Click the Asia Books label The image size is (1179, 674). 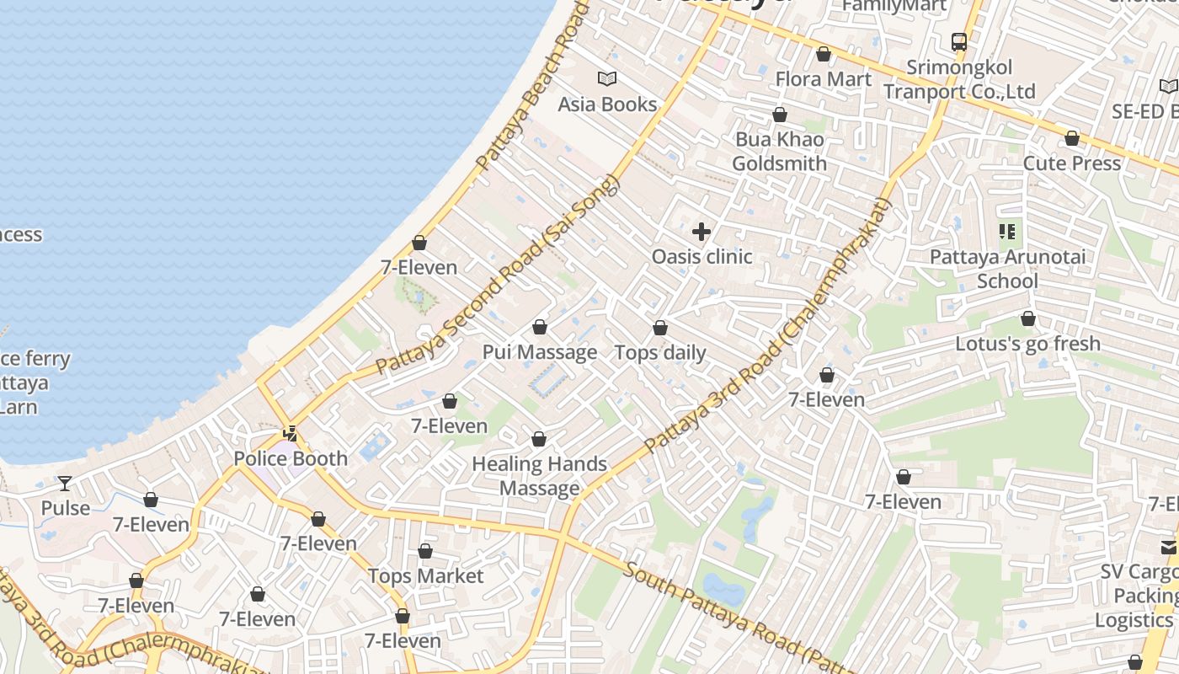point(607,104)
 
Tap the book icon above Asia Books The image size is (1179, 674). point(607,79)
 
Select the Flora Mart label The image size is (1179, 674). point(823,79)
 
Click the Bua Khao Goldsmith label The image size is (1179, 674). point(779,152)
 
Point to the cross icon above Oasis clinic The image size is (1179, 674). point(701,232)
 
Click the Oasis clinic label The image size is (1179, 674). point(702,256)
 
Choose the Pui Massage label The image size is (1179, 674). point(540,352)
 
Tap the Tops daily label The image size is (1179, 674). point(660,352)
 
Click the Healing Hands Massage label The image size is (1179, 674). point(539,475)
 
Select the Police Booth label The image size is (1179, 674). point(291,459)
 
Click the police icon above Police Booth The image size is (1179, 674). point(291,434)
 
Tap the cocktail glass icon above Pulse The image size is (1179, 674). point(65,484)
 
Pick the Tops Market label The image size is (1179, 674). point(425,576)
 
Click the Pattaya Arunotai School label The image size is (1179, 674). point(1007,268)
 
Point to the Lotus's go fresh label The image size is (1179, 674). point(1027,344)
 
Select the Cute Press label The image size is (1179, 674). point(1071,163)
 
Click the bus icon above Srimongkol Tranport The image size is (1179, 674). point(958,41)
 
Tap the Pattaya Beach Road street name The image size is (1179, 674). point(530,88)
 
